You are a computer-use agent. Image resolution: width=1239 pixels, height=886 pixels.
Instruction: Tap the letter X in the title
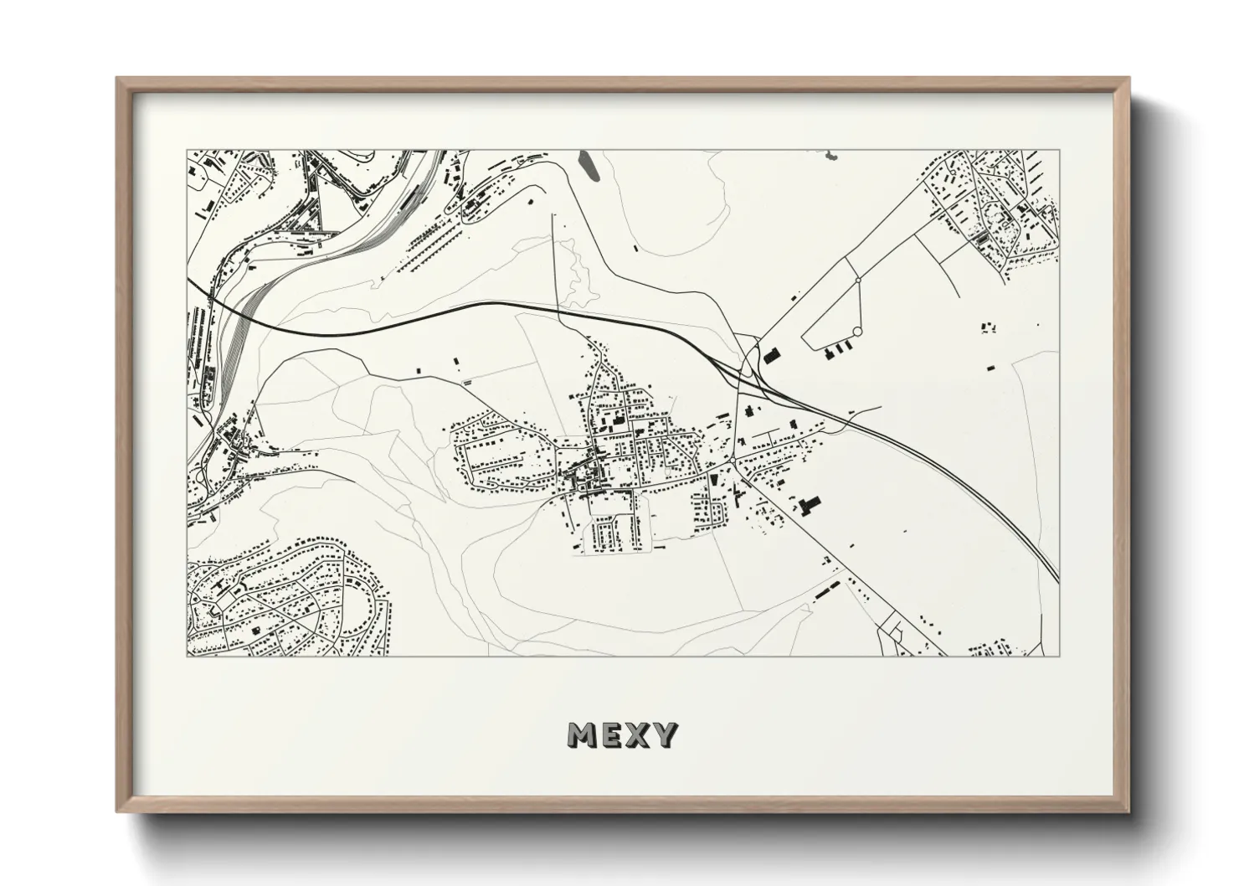point(639,735)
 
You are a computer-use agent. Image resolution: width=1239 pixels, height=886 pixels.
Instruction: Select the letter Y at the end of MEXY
point(666,735)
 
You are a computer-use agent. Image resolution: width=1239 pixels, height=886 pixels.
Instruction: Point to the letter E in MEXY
point(613,735)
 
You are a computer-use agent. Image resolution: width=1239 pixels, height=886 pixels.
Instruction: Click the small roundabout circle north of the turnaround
point(858,280)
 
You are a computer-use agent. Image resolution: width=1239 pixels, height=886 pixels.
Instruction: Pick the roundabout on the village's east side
point(734,461)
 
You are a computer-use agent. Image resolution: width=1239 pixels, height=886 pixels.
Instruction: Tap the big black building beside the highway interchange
point(772,355)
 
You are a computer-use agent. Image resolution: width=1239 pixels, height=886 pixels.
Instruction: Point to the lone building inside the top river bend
point(635,248)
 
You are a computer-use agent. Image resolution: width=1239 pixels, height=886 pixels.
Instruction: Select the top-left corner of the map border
point(187,151)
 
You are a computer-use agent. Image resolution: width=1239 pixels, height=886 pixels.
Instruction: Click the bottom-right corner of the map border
point(1060,656)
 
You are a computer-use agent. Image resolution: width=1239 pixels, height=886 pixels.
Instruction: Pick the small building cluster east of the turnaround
point(989,326)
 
